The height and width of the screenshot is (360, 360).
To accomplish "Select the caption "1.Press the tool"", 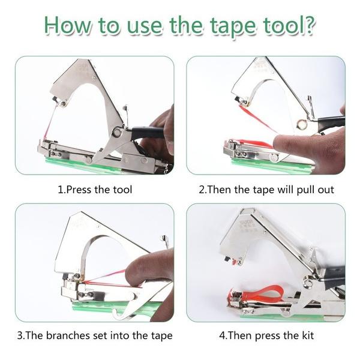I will tap(95, 190).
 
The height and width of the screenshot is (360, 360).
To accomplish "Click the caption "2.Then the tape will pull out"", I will tap(266, 190).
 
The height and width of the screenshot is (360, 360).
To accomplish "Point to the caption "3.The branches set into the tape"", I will tap(95, 335).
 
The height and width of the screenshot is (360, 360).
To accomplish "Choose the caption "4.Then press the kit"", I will tap(266, 335).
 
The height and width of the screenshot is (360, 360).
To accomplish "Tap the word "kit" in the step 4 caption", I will tap(305, 335).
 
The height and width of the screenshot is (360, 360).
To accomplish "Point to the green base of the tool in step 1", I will tap(102, 163).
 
